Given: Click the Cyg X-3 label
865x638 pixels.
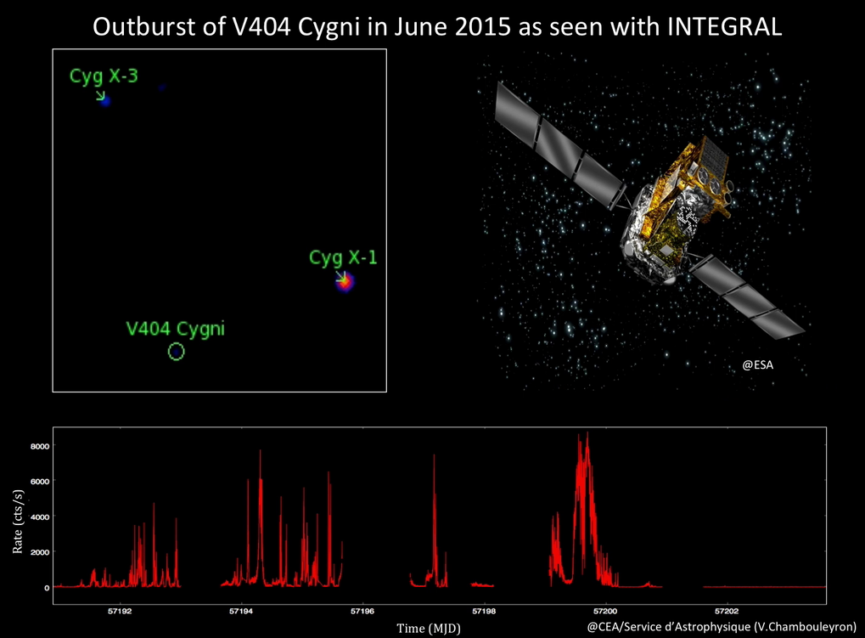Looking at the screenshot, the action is [104, 76].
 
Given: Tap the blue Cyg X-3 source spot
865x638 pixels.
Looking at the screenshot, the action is [104, 101].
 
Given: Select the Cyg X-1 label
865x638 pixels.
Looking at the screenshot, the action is [343, 257].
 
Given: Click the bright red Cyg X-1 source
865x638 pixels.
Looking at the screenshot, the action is [345, 282].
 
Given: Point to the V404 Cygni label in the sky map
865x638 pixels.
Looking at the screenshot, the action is [176, 329].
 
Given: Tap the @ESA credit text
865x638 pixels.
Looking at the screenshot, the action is [757, 364].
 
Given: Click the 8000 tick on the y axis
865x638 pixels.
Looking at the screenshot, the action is [39, 446].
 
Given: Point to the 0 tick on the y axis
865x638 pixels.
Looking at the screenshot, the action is [47, 588].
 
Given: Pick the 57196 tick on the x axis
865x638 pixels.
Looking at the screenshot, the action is [362, 612].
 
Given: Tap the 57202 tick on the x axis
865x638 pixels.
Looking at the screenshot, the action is [727, 612].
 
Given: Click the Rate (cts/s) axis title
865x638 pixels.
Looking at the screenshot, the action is [18, 522].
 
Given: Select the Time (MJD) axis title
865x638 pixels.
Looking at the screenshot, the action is [429, 628].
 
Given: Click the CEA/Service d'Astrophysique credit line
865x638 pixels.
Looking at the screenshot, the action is [722, 626].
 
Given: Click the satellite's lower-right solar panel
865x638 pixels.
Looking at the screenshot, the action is [746, 297].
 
